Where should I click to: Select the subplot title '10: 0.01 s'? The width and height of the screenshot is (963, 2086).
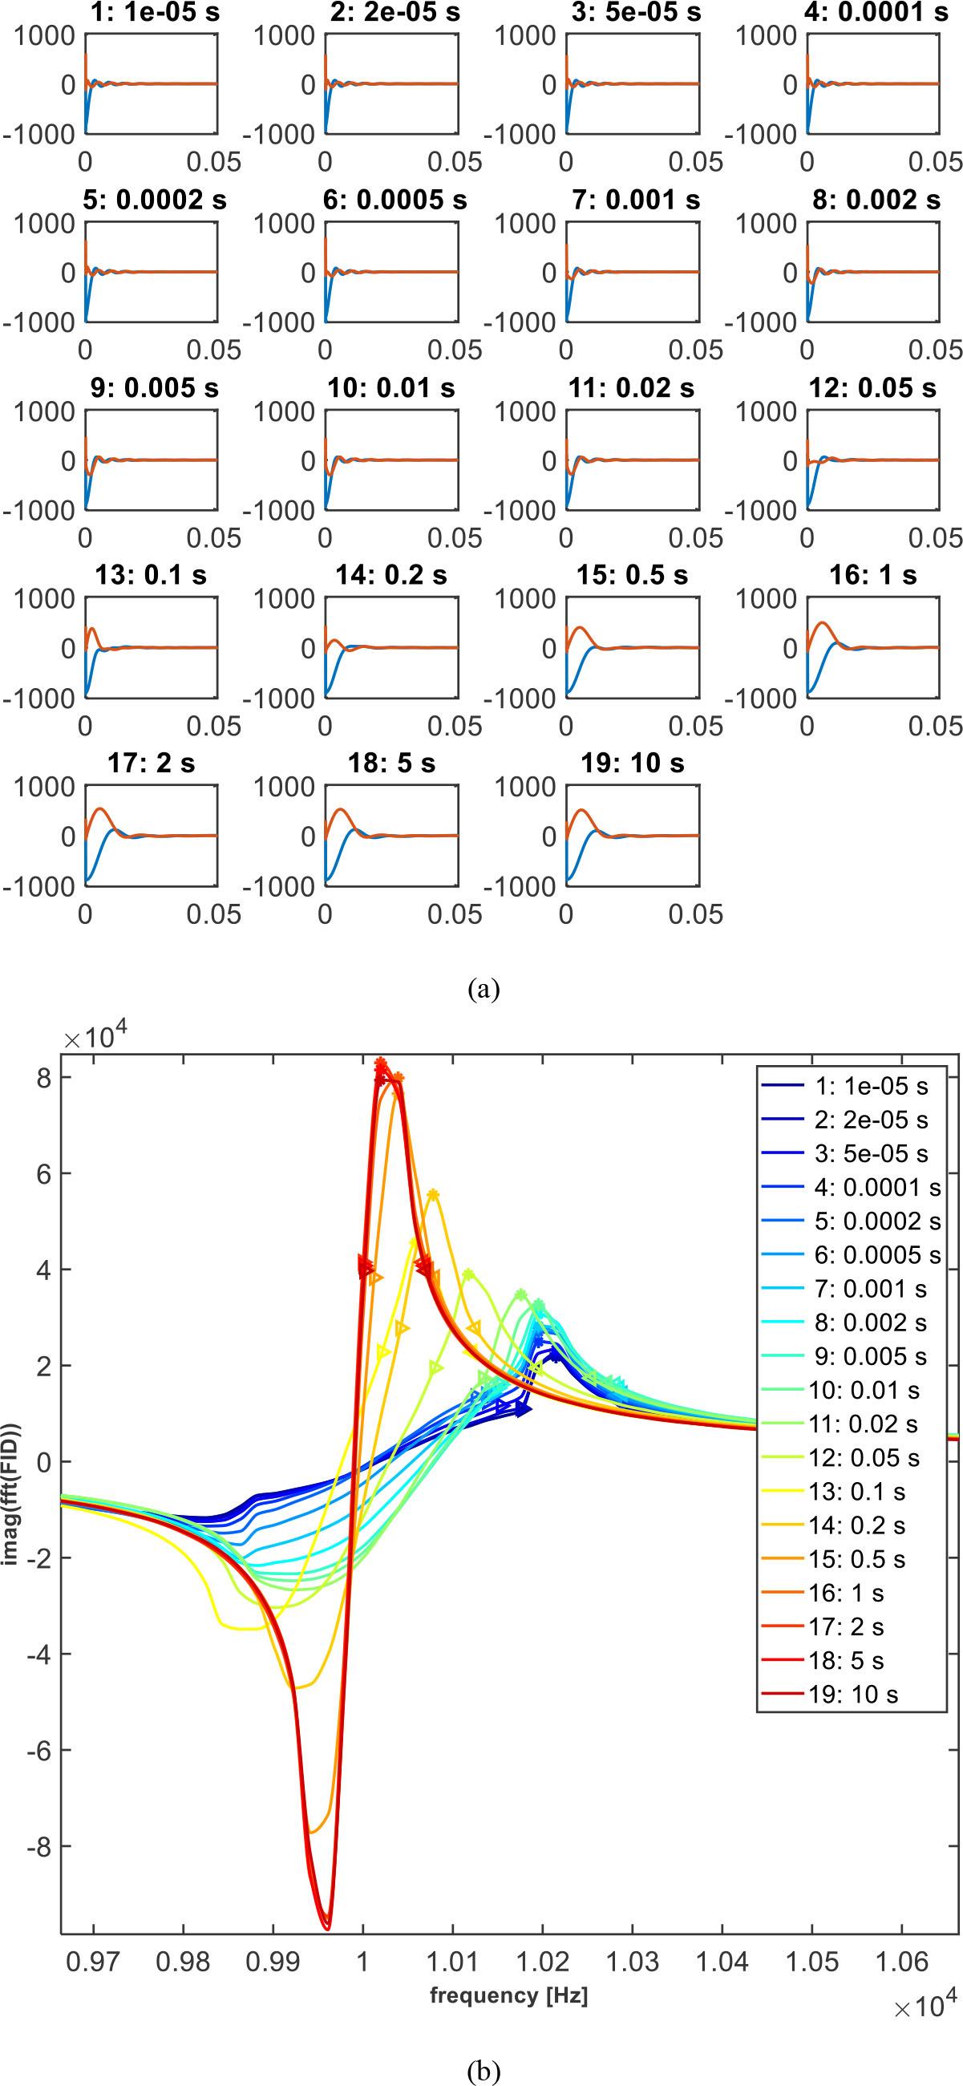[391, 388]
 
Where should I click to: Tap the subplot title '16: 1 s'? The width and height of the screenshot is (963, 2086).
[873, 576]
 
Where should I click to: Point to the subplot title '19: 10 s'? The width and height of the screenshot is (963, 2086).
[632, 764]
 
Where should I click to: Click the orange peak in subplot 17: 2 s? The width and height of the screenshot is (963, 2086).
[99, 809]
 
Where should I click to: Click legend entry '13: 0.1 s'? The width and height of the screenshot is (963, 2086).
[857, 1492]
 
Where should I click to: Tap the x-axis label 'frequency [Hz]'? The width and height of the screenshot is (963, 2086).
[508, 1995]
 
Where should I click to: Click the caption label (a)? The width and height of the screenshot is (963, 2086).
[484, 988]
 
